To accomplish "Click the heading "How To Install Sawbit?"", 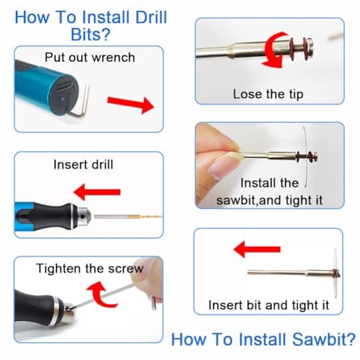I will [263, 338].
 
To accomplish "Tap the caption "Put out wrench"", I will [89, 57].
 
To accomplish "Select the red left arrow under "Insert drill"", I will [97, 192].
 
